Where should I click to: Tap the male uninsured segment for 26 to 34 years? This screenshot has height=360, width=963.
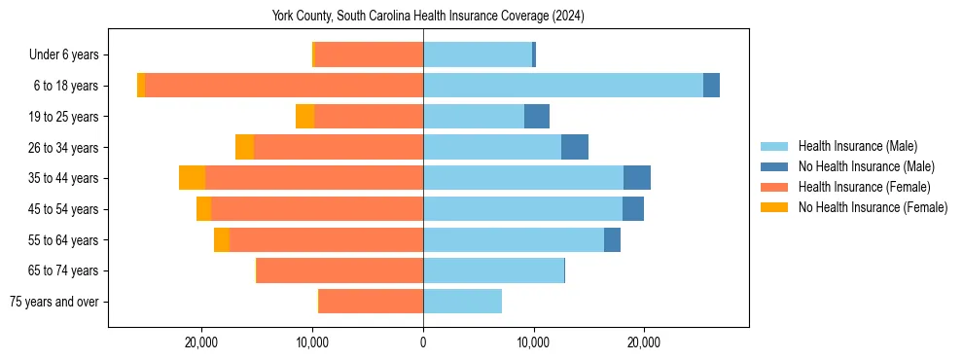(575, 147)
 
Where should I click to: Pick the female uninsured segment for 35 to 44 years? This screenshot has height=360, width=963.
(192, 178)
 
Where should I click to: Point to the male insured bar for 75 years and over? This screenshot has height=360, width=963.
(462, 302)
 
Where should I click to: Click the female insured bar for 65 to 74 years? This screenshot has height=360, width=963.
(339, 270)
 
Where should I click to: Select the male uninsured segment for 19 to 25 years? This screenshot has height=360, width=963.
(537, 117)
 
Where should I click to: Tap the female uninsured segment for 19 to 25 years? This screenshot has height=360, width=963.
(304, 117)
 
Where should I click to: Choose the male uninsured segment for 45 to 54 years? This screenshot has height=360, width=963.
(633, 209)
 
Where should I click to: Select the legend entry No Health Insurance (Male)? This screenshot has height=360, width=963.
(866, 166)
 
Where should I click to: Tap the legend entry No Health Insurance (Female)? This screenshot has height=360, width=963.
(873, 207)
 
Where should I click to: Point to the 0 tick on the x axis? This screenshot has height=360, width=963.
(423, 342)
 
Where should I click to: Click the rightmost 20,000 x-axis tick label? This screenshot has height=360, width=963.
(644, 342)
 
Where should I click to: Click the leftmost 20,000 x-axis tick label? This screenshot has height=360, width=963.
(201, 342)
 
